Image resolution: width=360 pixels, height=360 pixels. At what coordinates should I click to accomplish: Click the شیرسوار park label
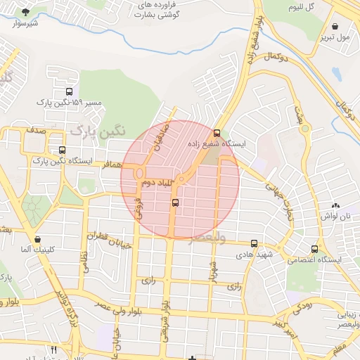[25, 23]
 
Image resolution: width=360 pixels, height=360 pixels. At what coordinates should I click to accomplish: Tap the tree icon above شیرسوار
[26, 12]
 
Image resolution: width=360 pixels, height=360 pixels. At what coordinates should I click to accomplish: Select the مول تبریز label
[333, 36]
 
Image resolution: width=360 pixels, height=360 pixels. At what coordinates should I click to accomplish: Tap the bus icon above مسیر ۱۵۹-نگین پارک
[68, 91]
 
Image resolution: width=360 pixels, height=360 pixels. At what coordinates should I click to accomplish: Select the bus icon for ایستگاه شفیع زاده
[217, 132]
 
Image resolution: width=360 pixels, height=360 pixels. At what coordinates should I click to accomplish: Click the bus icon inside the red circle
[175, 203]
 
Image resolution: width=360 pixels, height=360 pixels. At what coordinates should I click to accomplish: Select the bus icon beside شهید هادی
[254, 243]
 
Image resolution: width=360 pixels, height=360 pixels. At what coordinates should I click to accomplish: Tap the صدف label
[36, 131]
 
